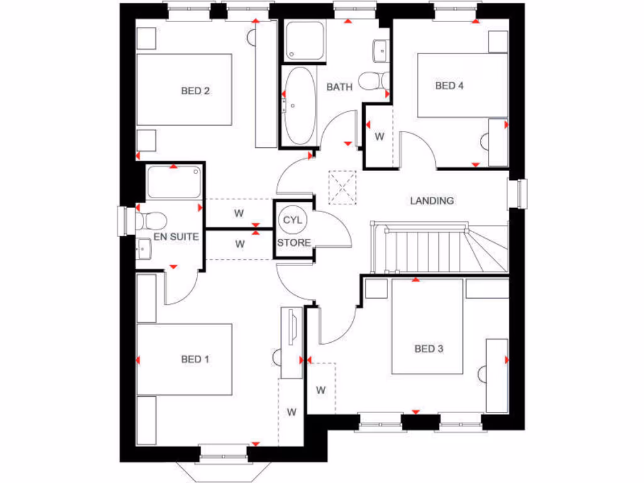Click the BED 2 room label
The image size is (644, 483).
coord(195,91)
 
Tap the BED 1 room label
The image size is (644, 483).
coord(195,359)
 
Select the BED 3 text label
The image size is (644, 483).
coord(428,348)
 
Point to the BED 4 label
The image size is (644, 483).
coord(449,86)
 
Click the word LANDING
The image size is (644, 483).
coord(432,201)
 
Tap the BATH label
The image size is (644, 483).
coord(339,87)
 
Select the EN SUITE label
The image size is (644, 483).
coord(177,237)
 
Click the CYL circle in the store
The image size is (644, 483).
coord(292,221)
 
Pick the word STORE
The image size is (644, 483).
coord(294,242)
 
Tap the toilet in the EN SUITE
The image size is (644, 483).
coord(151,221)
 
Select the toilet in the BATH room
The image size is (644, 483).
coord(372,82)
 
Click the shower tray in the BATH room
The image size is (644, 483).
coord(304,42)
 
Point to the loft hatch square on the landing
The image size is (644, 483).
coord(342,187)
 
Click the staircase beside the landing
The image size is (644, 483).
coord(434,248)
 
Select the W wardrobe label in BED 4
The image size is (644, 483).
coord(379,136)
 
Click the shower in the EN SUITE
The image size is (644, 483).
coord(174,182)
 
